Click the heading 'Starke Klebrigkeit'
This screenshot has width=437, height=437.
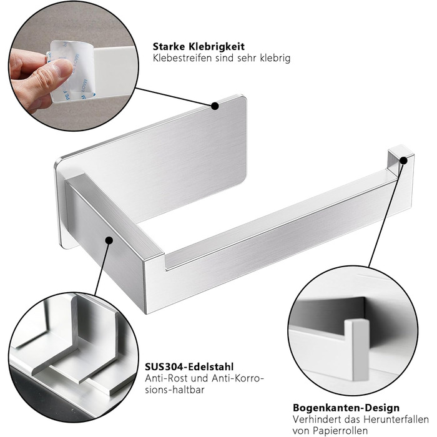(199, 46)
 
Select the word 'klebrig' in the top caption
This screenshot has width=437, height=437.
(275, 58)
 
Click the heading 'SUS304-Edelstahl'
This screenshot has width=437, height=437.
(189, 366)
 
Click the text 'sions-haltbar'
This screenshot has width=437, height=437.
(175, 390)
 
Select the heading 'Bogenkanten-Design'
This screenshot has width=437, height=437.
(346, 408)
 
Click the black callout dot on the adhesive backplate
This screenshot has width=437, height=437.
(215, 106)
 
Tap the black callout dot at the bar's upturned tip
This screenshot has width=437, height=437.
(403, 161)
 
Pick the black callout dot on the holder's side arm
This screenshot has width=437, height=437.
(109, 240)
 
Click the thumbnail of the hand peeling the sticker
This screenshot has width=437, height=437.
(74, 66)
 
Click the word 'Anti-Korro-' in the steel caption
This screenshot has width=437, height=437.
(238, 378)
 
